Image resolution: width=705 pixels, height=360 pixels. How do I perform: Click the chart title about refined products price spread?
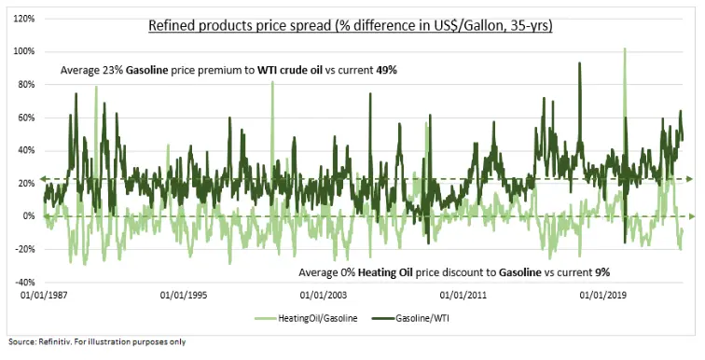(x=352, y=25)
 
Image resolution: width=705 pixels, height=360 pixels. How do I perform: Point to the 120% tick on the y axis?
(x=24, y=18)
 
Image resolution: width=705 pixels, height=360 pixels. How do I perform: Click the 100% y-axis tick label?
(x=24, y=51)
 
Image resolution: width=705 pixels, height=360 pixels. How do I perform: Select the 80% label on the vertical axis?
(x=26, y=84)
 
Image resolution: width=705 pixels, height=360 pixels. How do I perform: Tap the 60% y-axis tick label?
(x=26, y=118)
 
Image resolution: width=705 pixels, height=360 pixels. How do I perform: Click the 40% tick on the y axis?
(x=26, y=150)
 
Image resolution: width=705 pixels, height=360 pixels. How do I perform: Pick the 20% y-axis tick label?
(x=26, y=183)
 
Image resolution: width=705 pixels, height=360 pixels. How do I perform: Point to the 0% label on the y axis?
(x=29, y=216)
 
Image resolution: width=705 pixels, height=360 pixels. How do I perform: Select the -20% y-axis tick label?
(x=24, y=249)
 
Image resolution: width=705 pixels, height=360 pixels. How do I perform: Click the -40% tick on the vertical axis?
(x=24, y=282)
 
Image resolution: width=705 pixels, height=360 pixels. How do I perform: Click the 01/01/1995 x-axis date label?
(x=184, y=296)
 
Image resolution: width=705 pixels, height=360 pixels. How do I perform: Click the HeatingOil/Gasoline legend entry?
(x=314, y=320)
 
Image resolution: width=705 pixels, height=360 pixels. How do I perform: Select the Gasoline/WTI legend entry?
(x=429, y=320)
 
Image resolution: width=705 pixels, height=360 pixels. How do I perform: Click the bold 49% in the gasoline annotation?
(x=388, y=70)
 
